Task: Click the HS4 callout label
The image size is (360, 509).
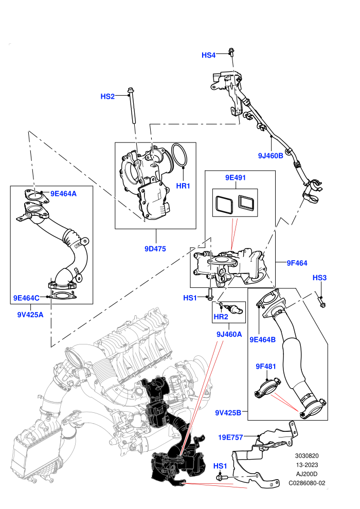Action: [x=208, y=55]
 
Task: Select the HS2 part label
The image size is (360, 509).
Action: [x=107, y=97]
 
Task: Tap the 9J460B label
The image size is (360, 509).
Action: [x=271, y=156]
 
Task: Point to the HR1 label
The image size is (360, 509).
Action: [x=183, y=186]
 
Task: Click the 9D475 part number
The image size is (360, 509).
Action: [x=155, y=249]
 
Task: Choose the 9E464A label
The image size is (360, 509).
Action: [x=63, y=194]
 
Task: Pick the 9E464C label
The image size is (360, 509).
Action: [x=26, y=298]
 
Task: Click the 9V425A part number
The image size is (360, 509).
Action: [x=30, y=315]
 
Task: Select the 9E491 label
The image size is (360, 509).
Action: [x=236, y=177]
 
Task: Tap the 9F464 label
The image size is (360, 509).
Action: [x=297, y=263]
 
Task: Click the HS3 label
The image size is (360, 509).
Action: [x=319, y=278]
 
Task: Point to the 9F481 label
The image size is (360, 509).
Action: [x=266, y=367]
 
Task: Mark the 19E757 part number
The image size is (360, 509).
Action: [x=230, y=437]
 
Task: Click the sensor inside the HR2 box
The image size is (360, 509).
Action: [x=233, y=310]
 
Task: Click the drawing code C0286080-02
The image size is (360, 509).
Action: [x=307, y=483]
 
